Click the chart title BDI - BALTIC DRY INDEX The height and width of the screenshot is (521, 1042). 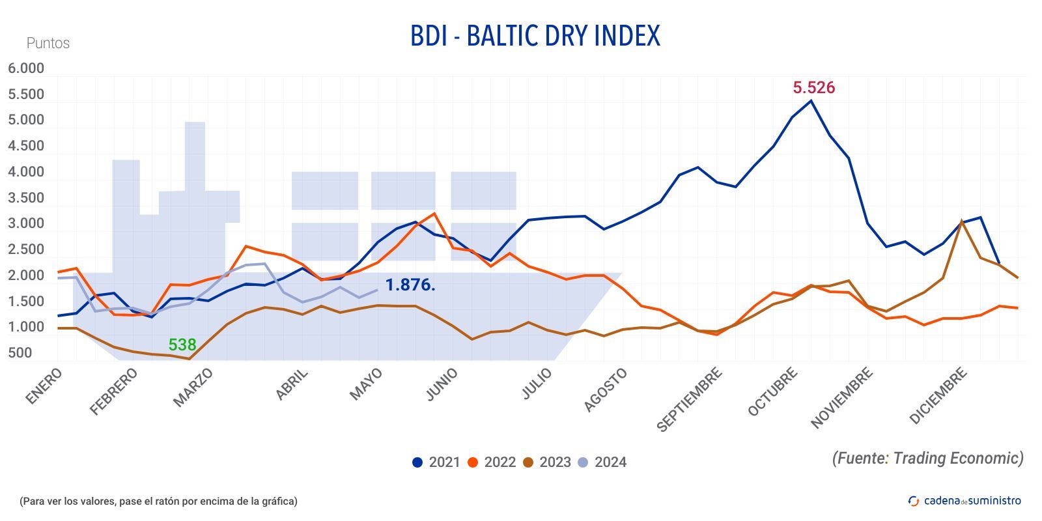[535, 36]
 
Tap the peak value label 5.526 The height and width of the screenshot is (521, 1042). [813, 87]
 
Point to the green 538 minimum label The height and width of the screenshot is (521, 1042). [182, 345]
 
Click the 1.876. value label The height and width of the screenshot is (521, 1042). [410, 285]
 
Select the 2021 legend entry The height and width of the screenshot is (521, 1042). [436, 462]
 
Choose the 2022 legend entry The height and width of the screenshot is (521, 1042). [492, 462]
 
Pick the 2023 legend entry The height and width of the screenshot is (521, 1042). [547, 462]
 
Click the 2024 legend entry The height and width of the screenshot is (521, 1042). [602, 462]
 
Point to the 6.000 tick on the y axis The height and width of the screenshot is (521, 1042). [26, 68]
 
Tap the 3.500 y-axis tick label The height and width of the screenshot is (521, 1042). [26, 198]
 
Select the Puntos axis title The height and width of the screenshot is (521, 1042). [48, 43]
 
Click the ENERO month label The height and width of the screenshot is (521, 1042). [44, 386]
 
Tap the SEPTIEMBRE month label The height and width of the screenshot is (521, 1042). [689, 399]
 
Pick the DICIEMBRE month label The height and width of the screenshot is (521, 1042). [938, 395]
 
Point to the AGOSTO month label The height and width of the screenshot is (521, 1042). [605, 389]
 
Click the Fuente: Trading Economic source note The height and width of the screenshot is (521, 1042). [927, 458]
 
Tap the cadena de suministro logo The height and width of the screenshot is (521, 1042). [965, 500]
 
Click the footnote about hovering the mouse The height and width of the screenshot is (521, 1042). [158, 501]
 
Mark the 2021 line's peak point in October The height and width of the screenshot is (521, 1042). [811, 101]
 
